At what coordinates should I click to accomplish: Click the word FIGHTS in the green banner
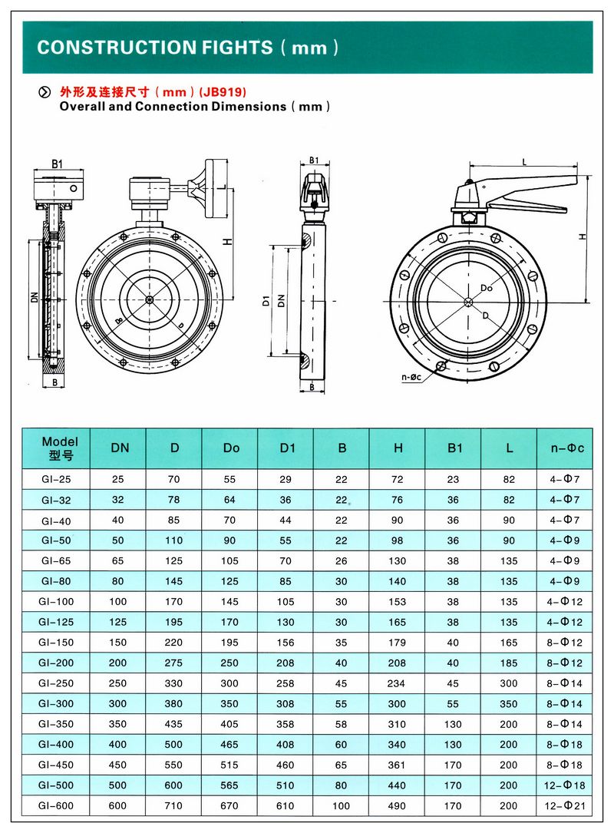(x=237, y=48)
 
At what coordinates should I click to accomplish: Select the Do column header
(x=231, y=448)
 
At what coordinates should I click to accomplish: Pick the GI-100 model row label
(x=56, y=601)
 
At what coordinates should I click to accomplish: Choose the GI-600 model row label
(x=56, y=805)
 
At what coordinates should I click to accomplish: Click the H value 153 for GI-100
(x=397, y=601)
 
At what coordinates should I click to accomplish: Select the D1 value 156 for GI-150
(x=286, y=643)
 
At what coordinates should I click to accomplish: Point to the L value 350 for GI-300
(x=508, y=703)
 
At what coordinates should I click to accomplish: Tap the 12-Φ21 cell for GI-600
(x=565, y=805)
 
